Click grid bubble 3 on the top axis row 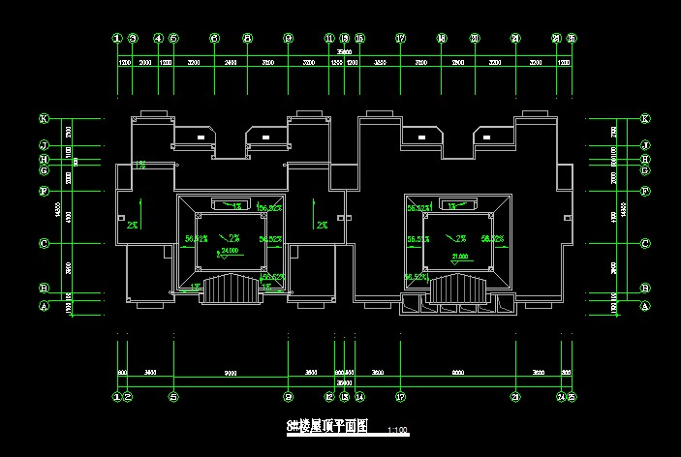point(135,39)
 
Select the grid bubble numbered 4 point(157,39)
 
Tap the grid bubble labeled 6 point(213,39)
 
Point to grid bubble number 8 point(247,39)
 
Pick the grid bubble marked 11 point(329,39)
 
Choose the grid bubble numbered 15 point(359,39)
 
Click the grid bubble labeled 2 point(128,397)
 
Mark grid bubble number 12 point(329,397)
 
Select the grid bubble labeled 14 point(359,397)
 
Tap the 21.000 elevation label point(460,257)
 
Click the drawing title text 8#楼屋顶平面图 point(328,427)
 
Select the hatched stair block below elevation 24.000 point(231,288)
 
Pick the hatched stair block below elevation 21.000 point(460,288)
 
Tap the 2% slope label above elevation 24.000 point(232,237)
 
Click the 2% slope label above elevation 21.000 point(461,238)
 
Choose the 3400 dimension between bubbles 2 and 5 point(150,373)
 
